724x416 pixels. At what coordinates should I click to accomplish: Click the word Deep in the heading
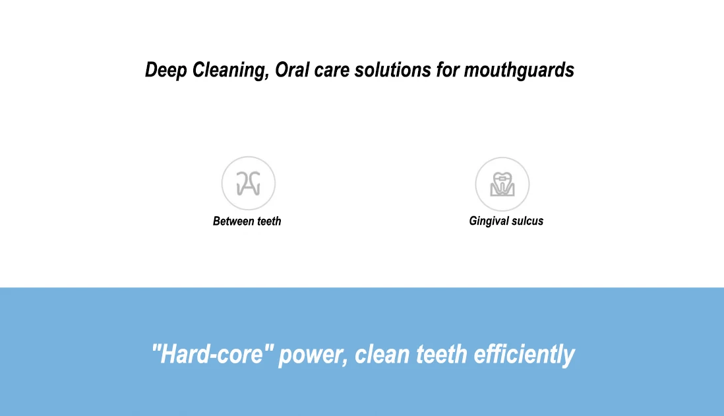(166, 71)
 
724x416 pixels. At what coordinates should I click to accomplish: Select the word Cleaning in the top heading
(229, 71)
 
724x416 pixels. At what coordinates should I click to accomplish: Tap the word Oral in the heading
(292, 70)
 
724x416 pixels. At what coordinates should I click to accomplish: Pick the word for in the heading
(448, 70)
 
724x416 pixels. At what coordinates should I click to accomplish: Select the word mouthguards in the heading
(519, 71)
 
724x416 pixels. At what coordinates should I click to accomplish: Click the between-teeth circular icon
(249, 183)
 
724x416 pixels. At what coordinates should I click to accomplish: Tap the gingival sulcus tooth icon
(502, 184)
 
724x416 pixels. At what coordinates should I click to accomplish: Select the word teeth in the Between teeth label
(269, 221)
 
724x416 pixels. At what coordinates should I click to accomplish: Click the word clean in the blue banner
(382, 355)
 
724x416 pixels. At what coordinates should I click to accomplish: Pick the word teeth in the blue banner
(441, 355)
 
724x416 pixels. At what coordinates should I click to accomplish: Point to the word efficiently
(524, 355)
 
